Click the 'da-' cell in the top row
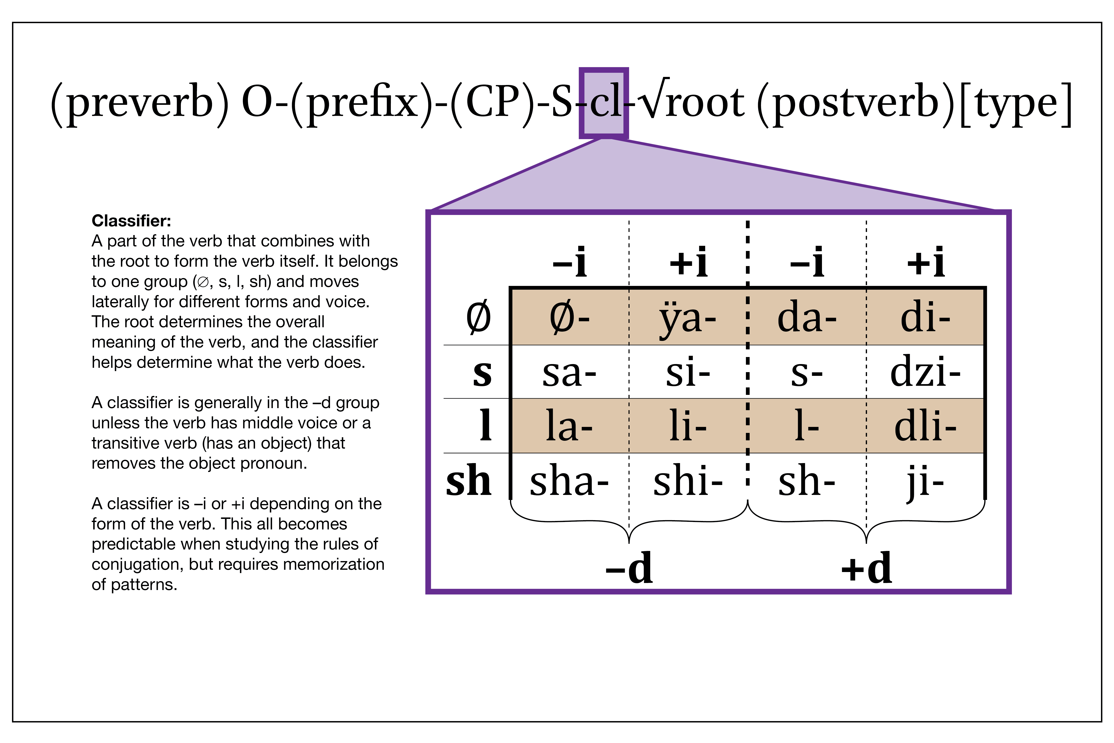click(x=807, y=318)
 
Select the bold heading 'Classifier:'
click(x=131, y=221)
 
